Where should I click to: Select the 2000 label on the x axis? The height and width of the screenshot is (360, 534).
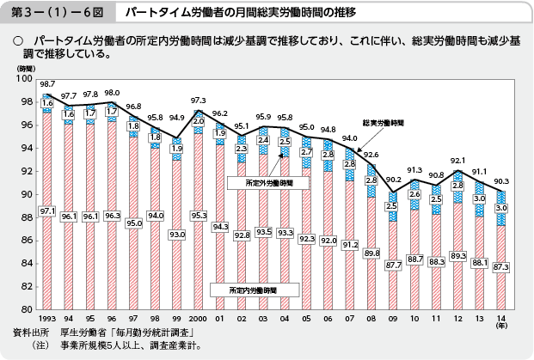198,316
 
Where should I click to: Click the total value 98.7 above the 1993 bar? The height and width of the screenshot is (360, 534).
47,83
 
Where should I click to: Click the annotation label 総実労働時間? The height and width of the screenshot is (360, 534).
382,123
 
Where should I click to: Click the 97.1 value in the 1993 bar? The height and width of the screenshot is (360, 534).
47,211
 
